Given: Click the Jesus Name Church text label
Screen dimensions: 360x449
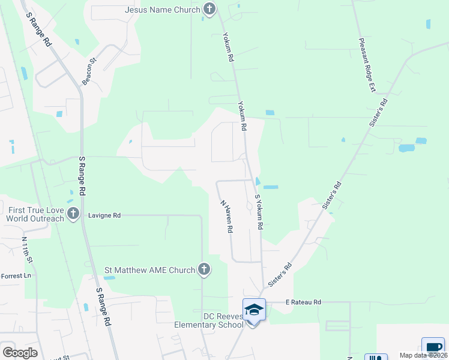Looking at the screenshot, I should coord(163,10).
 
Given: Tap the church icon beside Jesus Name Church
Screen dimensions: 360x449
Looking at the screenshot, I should coord(209,9).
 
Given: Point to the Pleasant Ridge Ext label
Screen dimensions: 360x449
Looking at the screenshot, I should coord(367,65).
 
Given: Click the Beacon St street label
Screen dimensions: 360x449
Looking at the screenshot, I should coord(89,71).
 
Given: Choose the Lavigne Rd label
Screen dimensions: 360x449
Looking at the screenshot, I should coord(104,215).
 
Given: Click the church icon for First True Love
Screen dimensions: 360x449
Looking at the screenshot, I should coord(73,214).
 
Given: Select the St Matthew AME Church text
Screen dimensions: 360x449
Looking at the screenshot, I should coord(150,270).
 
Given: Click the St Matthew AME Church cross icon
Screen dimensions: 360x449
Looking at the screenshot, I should coord(204,270).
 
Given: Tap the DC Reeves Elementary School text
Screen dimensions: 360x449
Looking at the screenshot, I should coord(208,320).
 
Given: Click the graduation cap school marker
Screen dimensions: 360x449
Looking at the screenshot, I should coord(254,310).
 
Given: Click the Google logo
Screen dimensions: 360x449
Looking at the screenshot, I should coord(20,353).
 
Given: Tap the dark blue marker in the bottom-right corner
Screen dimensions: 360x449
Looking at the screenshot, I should coord(433,348).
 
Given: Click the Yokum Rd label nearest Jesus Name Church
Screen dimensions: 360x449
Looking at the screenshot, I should coord(228,47).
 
